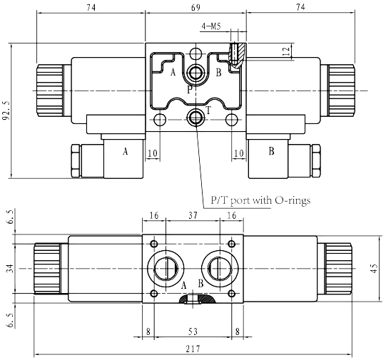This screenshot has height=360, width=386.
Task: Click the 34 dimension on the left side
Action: coord(9,268)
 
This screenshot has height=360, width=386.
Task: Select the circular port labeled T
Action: coord(195,116)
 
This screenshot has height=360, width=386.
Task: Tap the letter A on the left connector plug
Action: coord(126,151)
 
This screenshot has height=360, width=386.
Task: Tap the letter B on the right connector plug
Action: coord(270,151)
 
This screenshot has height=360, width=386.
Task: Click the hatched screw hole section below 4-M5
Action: coord(237,53)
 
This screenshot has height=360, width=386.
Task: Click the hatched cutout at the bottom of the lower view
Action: coord(194,302)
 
